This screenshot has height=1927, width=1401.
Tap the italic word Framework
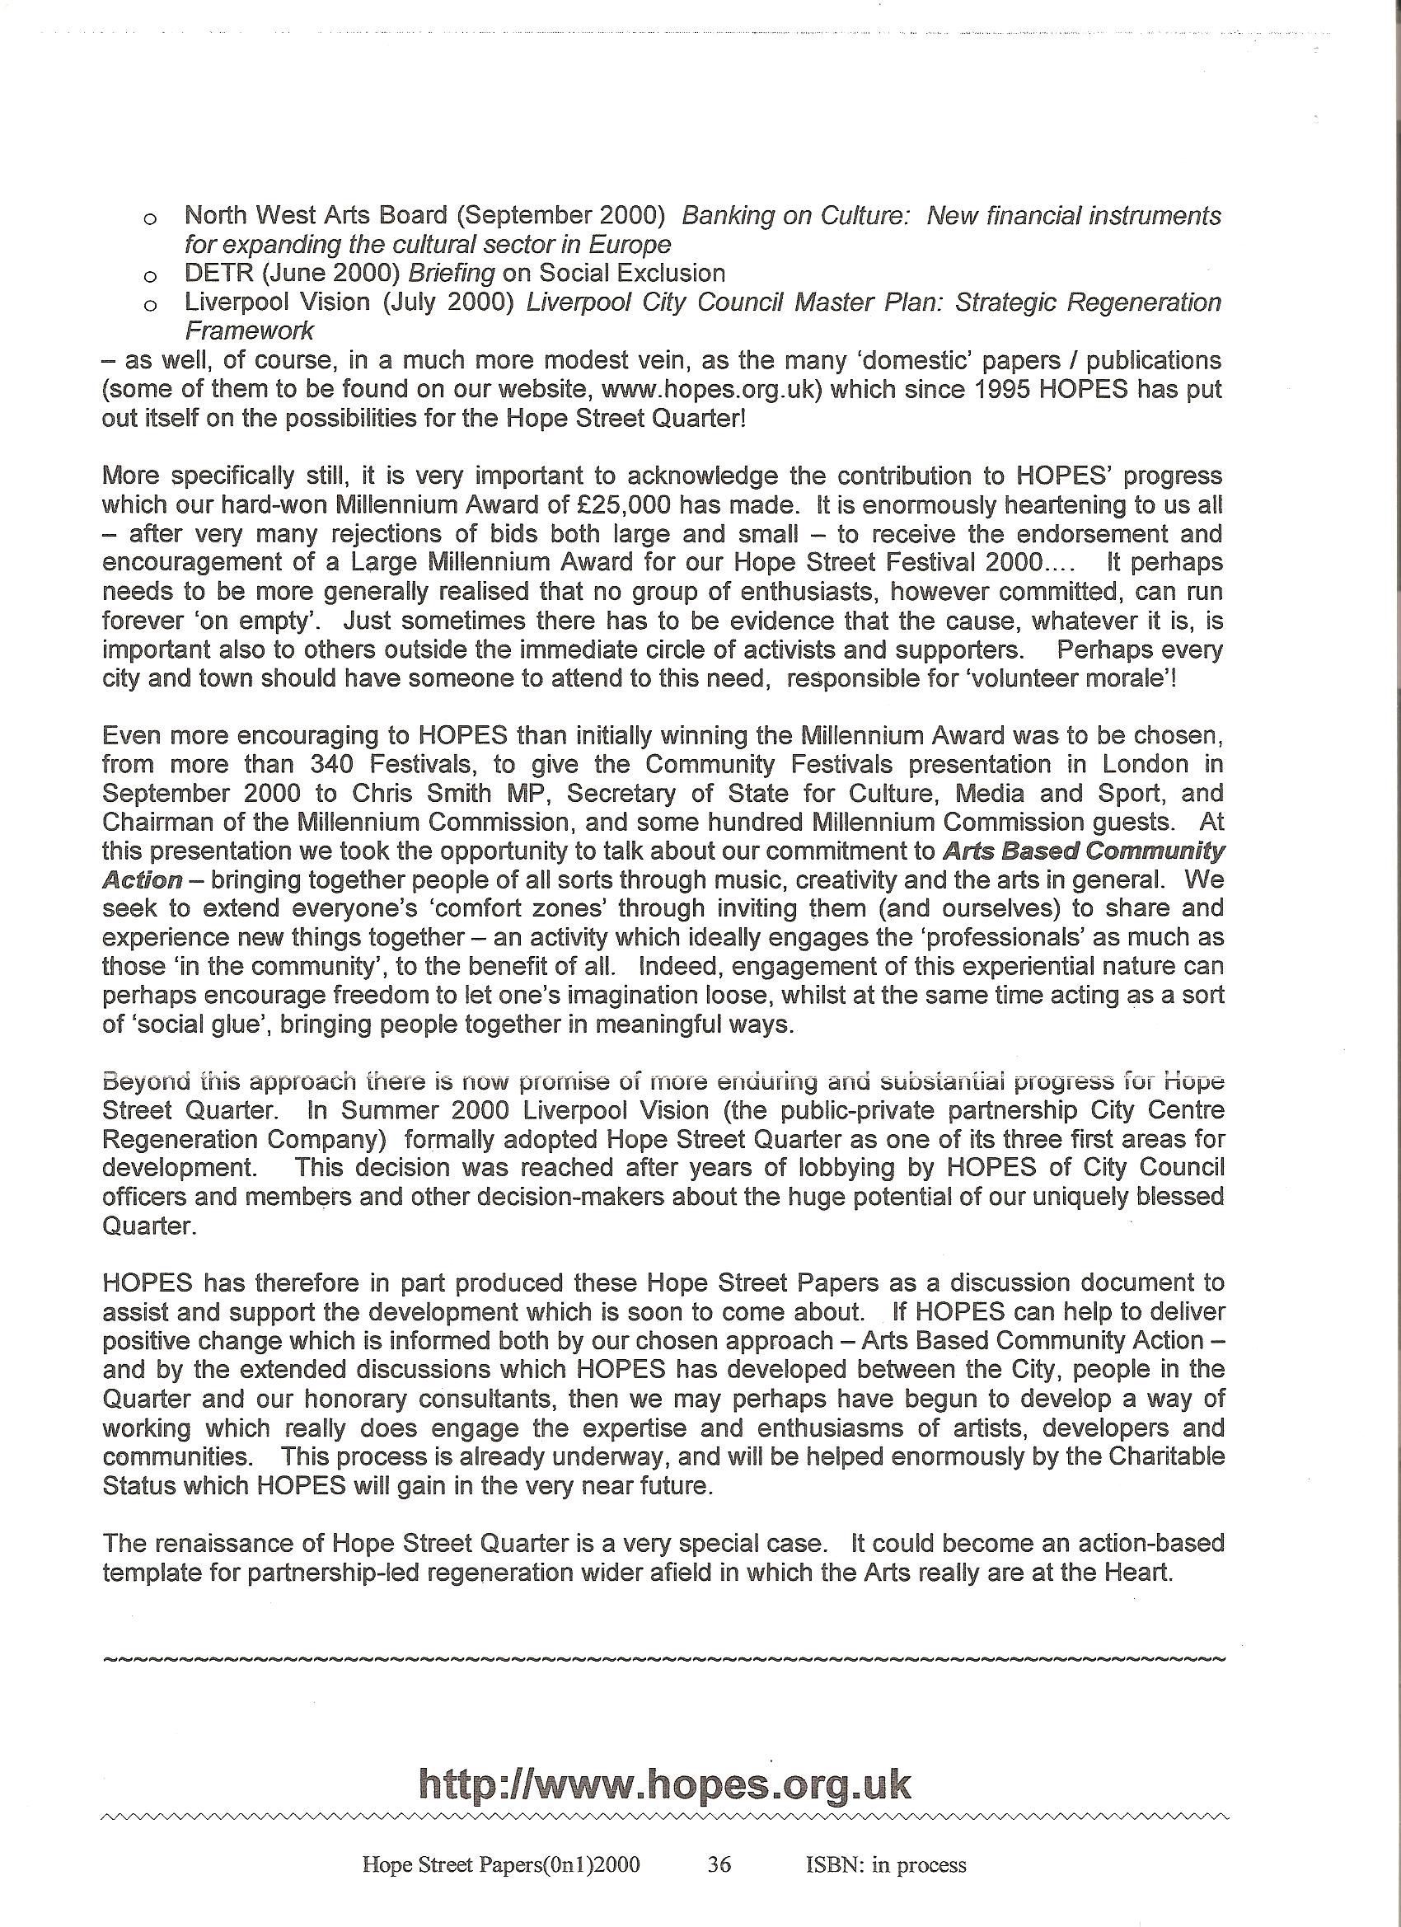click(x=249, y=331)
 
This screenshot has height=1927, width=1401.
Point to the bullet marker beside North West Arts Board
click(x=150, y=219)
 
